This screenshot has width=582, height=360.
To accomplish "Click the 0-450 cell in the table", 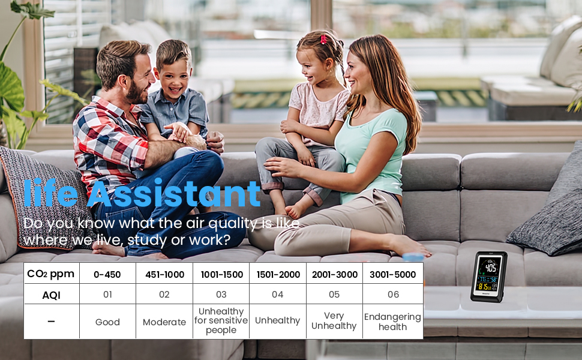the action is [x=107, y=275].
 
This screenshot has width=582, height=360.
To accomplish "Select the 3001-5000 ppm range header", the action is [x=393, y=275].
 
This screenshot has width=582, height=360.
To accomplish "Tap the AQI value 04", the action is [x=278, y=295].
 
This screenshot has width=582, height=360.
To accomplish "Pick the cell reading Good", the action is [x=107, y=322].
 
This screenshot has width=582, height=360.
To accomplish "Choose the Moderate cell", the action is [x=164, y=322].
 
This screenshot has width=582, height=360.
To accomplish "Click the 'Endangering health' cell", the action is [x=393, y=322].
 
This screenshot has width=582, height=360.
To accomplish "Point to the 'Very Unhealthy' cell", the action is [x=334, y=320].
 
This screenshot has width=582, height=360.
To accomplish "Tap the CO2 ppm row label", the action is [x=51, y=274].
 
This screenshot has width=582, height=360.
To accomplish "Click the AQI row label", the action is [x=51, y=295].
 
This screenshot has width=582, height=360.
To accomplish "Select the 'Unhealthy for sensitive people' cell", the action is [x=221, y=320].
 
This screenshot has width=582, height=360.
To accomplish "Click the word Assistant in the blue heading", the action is [x=174, y=193].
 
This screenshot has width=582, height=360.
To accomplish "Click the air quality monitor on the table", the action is [x=489, y=277].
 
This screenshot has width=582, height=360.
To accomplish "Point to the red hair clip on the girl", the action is [x=323, y=39].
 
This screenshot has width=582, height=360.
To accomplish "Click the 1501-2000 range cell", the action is [x=278, y=275].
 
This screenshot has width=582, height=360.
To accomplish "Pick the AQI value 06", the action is [x=394, y=295].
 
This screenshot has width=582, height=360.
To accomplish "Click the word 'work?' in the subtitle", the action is [x=210, y=240].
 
